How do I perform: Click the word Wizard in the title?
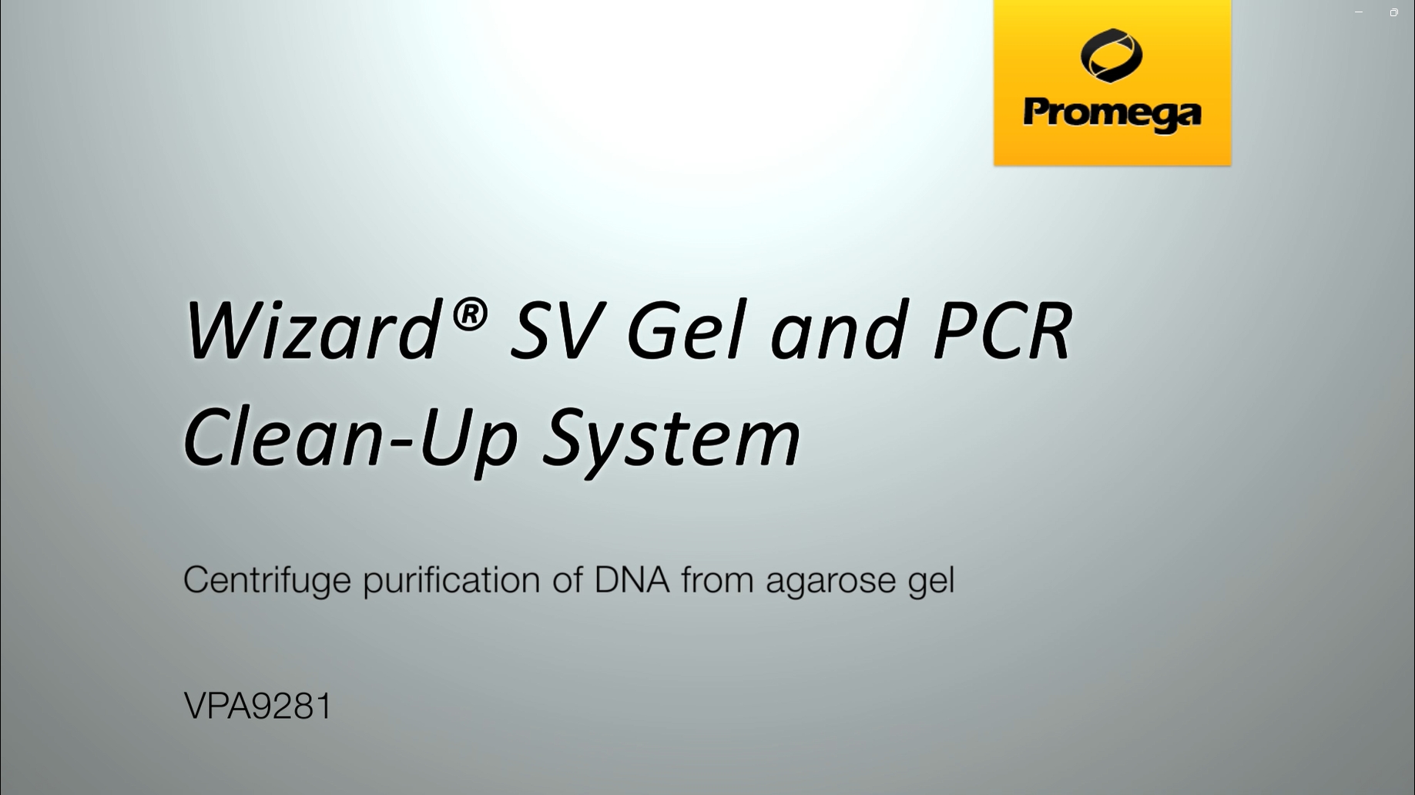[312, 330]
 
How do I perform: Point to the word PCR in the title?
[1002, 330]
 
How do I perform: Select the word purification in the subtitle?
[451, 580]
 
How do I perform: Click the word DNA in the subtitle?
[632, 579]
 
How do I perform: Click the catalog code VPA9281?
[258, 706]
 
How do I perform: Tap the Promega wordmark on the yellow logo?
[1112, 115]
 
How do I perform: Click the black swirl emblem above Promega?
[1112, 55]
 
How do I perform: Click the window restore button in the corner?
[1394, 12]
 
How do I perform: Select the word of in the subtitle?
[567, 579]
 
